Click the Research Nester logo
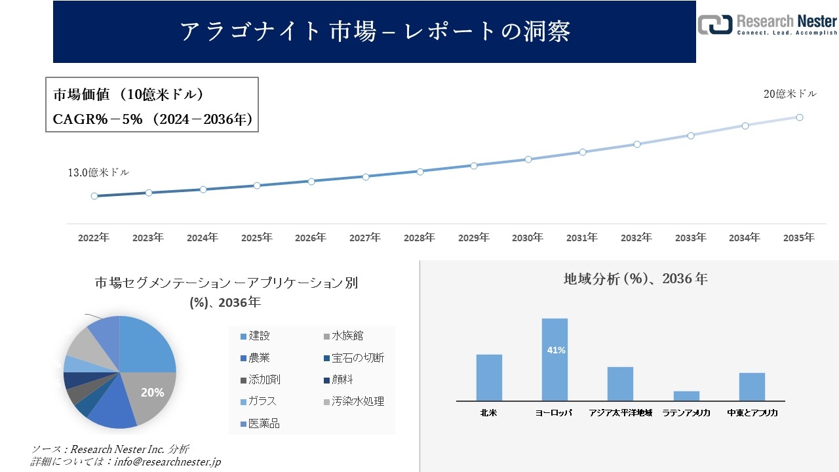coord(767,24)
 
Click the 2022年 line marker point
coord(94,196)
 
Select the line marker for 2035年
coord(800,117)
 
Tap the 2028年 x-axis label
coord(419,238)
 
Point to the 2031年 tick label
coord(582,238)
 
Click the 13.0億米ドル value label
coord(98,172)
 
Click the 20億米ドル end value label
coord(790,94)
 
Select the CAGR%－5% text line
coord(152,119)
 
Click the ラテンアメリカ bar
coord(686,396)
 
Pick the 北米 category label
coord(489,413)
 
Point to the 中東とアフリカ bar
coord(752,387)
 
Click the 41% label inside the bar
coord(556,351)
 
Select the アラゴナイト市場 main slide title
coord(374,31)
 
